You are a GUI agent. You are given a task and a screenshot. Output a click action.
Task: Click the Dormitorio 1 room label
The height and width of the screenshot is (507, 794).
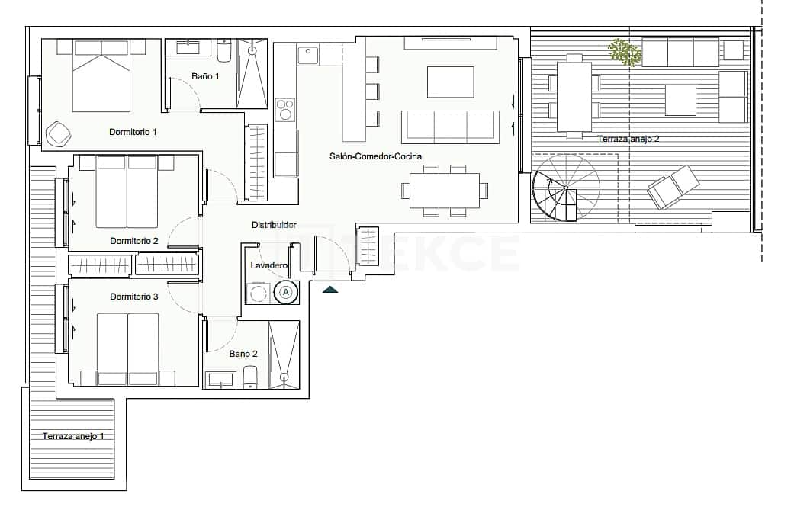(133, 132)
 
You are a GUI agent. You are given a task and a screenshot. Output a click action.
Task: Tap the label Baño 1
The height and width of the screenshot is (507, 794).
(205, 76)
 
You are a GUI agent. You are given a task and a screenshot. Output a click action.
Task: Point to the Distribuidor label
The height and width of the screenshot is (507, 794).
(274, 225)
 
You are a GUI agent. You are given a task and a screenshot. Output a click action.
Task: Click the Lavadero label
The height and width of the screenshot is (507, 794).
(269, 265)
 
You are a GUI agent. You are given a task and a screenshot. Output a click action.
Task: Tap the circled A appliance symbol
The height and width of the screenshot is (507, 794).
(286, 292)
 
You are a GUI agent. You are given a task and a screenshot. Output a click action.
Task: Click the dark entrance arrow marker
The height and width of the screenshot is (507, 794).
(330, 289)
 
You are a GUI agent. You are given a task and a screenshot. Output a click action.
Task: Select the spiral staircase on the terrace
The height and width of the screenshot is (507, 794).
(565, 187)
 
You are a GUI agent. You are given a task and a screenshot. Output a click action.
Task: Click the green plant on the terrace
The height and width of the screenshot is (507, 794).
(625, 52)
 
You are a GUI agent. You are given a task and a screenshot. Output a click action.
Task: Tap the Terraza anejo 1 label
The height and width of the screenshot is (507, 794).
(73, 436)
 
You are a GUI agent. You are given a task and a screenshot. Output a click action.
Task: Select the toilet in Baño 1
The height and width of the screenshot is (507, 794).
(224, 51)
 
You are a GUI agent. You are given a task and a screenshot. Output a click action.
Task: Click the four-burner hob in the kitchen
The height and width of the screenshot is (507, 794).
(285, 110)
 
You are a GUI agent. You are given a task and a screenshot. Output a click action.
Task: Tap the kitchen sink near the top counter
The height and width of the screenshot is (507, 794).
(307, 56)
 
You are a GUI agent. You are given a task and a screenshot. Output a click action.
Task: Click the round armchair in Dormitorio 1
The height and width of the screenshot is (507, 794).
(59, 134)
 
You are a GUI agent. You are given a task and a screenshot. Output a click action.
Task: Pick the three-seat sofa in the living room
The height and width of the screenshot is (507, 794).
(450, 126)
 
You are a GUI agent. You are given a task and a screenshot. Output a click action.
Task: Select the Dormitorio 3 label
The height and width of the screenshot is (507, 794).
(133, 296)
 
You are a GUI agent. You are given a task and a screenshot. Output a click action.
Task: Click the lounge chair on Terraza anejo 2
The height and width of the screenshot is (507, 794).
(673, 187)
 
